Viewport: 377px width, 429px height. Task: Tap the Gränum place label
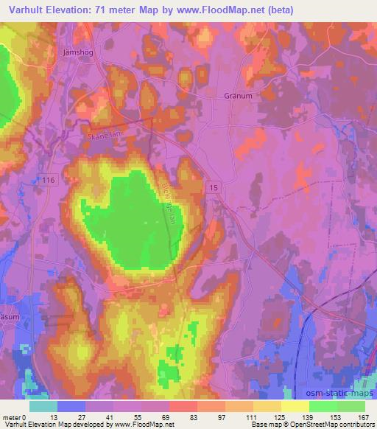pyautogui.click(x=236, y=95)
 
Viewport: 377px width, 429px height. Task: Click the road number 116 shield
pyautogui.click(x=49, y=179)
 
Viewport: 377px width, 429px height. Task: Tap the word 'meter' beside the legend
pyautogui.click(x=12, y=417)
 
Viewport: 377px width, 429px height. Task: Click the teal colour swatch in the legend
pyautogui.click(x=43, y=406)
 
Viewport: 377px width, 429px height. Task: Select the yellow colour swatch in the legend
pyautogui.click(x=295, y=406)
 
